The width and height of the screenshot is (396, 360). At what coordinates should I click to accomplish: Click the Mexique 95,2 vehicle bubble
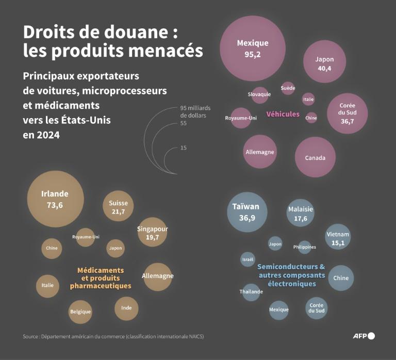pyautogui.click(x=253, y=48)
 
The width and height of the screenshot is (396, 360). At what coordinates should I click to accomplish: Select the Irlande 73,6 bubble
pyautogui.click(x=55, y=199)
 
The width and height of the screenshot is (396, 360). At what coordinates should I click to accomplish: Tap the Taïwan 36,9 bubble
pyautogui.click(x=247, y=212)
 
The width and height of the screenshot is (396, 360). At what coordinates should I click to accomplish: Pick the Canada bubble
pyautogui.click(x=315, y=157)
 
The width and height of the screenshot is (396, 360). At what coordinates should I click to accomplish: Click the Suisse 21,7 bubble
pyautogui.click(x=118, y=207)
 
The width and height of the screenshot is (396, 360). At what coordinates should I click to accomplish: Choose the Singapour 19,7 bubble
pyautogui.click(x=153, y=233)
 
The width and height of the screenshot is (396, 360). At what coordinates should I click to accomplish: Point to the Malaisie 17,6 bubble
pyautogui.click(x=301, y=214)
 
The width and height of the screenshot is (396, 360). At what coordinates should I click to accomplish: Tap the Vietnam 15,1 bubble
pyautogui.click(x=338, y=238)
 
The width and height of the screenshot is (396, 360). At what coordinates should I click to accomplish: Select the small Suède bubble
pyautogui.click(x=288, y=88)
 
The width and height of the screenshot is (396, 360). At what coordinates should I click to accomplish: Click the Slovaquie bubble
pyautogui.click(x=259, y=94)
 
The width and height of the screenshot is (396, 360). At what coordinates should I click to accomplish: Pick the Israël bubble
pyautogui.click(x=247, y=259)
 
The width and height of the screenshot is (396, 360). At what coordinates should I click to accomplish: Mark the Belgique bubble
pyautogui.click(x=80, y=312)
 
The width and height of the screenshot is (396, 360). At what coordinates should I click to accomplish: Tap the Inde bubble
pyautogui.click(x=126, y=308)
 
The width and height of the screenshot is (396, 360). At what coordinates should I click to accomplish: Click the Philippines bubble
pyautogui.click(x=304, y=247)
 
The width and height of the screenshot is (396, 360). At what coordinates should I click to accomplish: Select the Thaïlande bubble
pyautogui.click(x=251, y=291)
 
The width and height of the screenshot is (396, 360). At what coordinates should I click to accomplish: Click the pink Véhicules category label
pyautogui.click(x=283, y=114)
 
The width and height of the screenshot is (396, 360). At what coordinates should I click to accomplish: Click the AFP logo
pyautogui.click(x=363, y=336)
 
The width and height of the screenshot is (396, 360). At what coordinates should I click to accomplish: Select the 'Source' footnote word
pyautogui.click(x=31, y=337)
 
